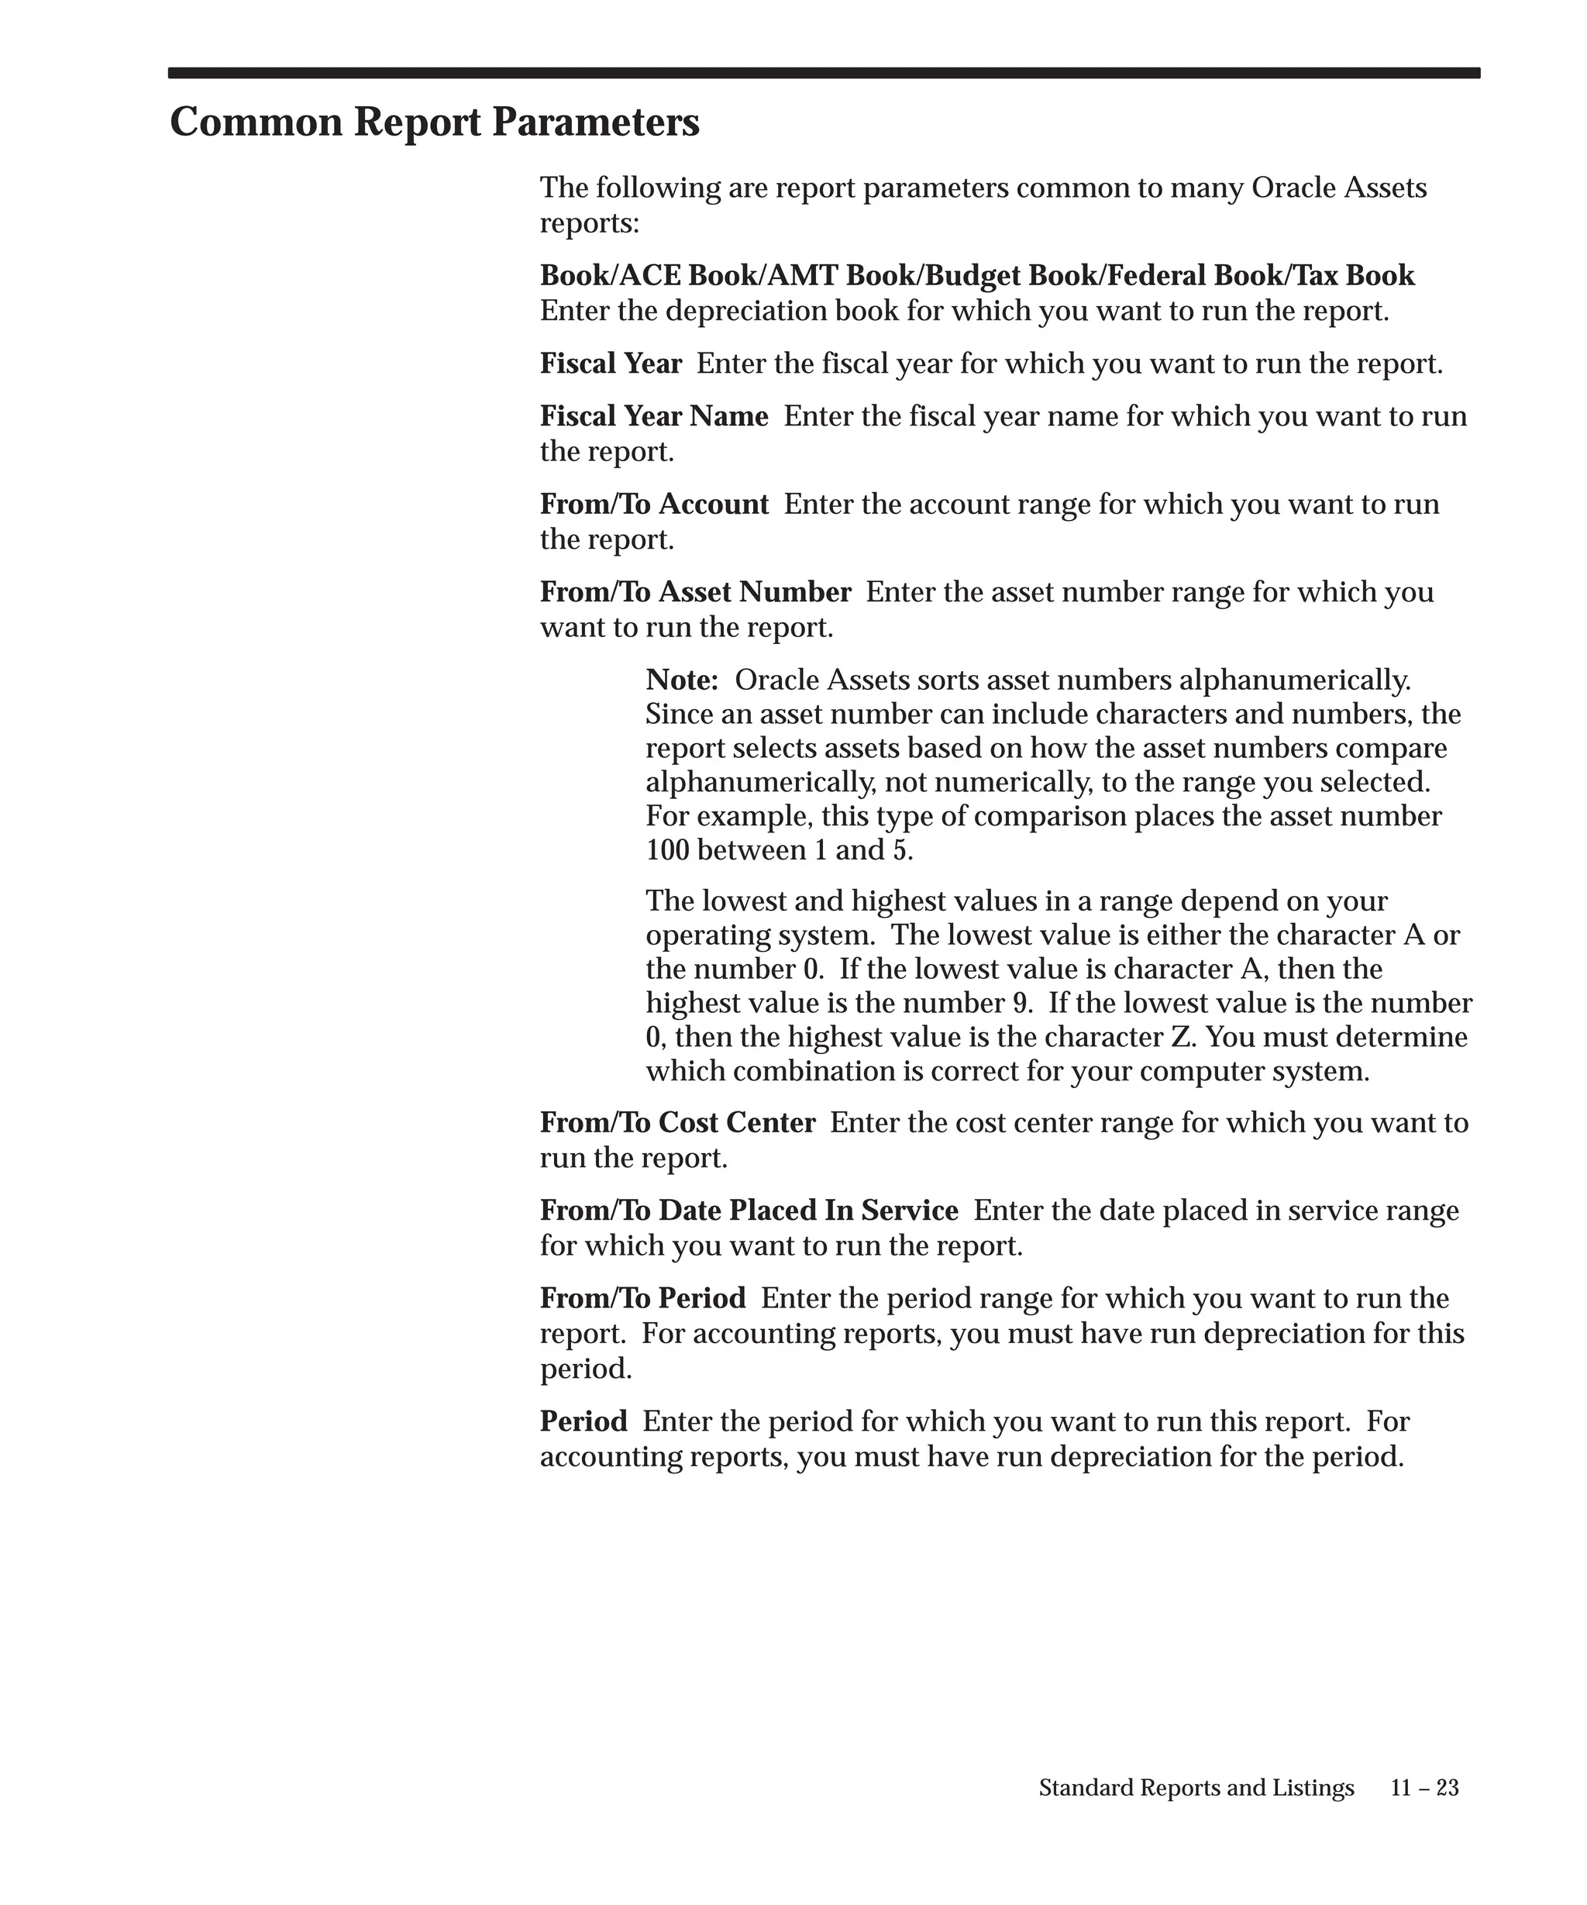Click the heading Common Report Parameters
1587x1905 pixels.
[x=435, y=122]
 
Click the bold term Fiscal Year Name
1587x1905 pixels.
[x=654, y=416]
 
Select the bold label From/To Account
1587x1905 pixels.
[x=654, y=505]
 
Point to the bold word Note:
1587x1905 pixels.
[x=682, y=680]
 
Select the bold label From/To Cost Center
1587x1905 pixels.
[x=677, y=1123]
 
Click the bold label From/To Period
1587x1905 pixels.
[x=643, y=1299]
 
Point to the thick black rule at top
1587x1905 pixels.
[x=824, y=74]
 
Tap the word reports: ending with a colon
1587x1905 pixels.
[x=590, y=223]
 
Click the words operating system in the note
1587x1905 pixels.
[x=760, y=935]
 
